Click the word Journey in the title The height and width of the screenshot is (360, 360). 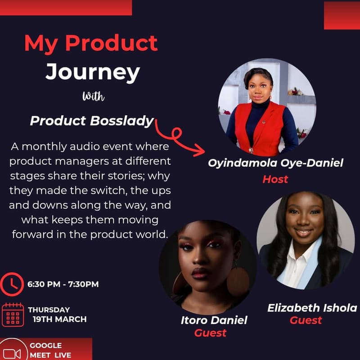click(x=92, y=72)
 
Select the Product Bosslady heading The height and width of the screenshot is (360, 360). click(x=92, y=121)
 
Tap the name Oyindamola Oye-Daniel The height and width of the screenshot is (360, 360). click(x=275, y=163)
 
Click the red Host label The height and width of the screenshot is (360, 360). click(x=275, y=179)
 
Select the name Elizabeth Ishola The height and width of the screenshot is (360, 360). click(x=312, y=308)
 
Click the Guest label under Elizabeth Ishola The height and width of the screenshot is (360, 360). click(x=306, y=320)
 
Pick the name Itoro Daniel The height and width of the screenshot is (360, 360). click(x=214, y=320)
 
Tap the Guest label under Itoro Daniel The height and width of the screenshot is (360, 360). click(x=210, y=333)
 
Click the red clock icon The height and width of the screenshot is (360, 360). click(x=12, y=283)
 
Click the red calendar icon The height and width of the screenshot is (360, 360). click(x=13, y=315)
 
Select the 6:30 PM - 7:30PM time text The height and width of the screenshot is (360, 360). click(x=63, y=284)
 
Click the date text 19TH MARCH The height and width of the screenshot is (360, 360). click(x=59, y=319)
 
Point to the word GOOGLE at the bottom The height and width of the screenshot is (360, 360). click(x=45, y=346)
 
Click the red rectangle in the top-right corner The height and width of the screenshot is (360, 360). click(x=342, y=15)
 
